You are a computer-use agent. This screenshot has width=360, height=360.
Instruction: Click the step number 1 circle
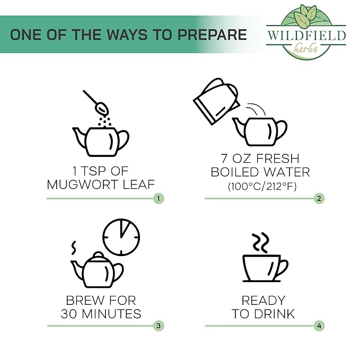pos(159,198)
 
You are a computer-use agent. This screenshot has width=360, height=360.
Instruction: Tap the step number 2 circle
pos(319,198)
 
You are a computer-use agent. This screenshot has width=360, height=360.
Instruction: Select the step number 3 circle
pos(159,326)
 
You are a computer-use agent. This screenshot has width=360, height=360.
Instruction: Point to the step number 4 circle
pos(319,326)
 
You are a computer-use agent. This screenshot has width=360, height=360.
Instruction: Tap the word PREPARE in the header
pos(212,34)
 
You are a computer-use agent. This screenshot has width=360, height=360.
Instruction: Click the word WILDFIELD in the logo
pos(306,36)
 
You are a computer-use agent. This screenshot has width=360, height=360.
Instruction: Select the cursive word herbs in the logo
pos(305,48)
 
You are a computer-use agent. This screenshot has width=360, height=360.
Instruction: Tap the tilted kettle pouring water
pos(216,101)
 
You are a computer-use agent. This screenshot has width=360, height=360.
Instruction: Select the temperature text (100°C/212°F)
pos(262,187)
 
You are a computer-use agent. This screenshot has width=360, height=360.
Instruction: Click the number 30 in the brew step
pos(68,314)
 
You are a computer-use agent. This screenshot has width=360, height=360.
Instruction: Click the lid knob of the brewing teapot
pos(98,254)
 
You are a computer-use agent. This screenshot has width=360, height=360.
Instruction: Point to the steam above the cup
pos(260,243)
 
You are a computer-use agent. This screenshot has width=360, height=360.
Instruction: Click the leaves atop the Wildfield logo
pos(305,15)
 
